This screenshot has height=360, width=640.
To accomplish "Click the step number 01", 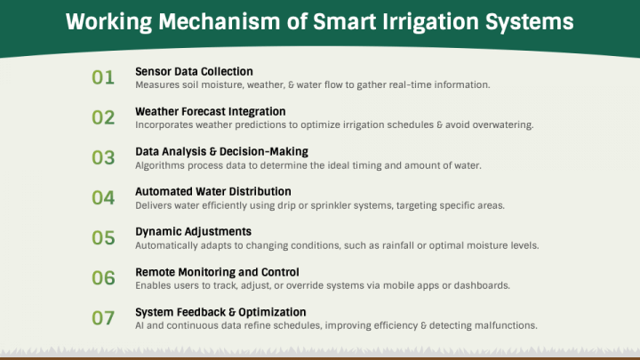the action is [x=103, y=77].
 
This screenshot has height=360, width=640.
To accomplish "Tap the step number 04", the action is [x=103, y=198].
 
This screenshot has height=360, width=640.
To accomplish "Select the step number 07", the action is [x=103, y=318].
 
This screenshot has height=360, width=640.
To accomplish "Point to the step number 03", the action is [x=103, y=157].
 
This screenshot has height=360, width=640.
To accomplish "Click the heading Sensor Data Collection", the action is [x=194, y=71].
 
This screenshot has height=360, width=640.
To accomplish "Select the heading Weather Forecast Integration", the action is [x=210, y=111].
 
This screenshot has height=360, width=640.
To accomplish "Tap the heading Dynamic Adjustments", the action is [x=193, y=231].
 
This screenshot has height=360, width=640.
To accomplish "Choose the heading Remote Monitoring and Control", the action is [x=217, y=272].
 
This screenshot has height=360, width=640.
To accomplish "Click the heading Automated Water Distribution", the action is [x=213, y=191].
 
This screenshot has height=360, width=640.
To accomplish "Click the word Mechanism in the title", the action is [x=220, y=21].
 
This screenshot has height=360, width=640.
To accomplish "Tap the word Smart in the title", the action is [x=344, y=21].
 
